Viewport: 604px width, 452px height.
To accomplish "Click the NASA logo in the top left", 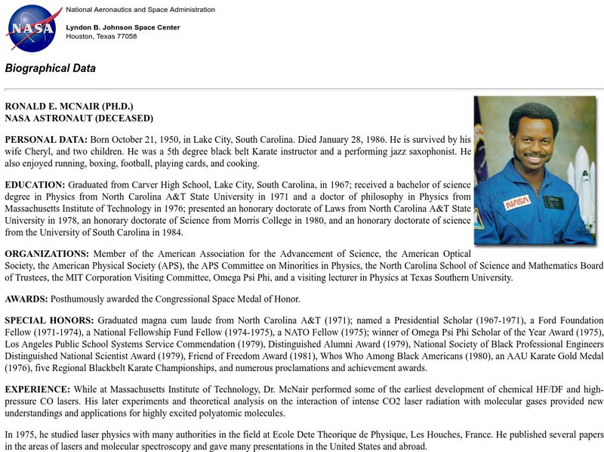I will (x=31, y=28).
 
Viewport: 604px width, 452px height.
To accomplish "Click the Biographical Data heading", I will (x=51, y=68).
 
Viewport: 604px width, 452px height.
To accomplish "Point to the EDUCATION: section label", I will (x=35, y=184).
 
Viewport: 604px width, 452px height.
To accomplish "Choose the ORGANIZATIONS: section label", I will (x=48, y=254).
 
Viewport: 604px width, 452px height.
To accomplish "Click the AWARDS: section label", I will (x=26, y=299).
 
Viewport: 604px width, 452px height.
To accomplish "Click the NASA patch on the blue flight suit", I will (x=517, y=202).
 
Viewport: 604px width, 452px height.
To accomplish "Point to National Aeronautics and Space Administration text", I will (x=140, y=10).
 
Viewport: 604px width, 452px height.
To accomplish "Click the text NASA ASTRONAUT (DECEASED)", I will (x=79, y=118).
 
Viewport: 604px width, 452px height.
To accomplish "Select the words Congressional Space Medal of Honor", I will (x=218, y=299).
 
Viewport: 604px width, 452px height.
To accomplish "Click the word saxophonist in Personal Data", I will (x=423, y=152).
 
